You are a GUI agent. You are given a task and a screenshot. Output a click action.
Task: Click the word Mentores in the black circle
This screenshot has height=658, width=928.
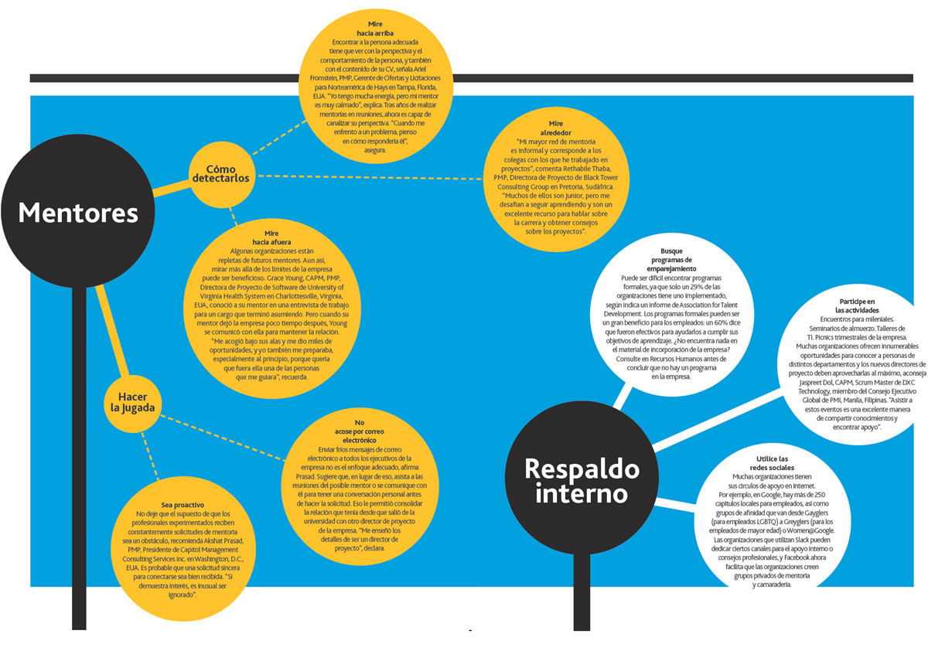pos(78,213)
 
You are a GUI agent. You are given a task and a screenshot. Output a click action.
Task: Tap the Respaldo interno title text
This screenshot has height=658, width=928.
pos(582,481)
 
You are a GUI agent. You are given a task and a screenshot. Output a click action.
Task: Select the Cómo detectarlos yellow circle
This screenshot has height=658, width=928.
pos(222,174)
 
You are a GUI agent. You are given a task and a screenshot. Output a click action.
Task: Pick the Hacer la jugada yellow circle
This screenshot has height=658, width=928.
pos(132,404)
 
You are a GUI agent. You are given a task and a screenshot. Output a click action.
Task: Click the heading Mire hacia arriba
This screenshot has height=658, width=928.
pos(375,29)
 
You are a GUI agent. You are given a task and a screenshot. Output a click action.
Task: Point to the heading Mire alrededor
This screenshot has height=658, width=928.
pos(555,128)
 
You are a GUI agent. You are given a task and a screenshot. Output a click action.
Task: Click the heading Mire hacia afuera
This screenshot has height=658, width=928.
pos(271,237)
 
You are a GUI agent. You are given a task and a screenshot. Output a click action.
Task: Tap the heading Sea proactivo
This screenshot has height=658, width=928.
pos(183,505)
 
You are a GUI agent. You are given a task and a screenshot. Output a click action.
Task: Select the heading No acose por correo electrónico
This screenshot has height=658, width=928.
pos(359,431)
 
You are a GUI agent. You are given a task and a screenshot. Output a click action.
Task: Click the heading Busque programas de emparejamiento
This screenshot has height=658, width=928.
pos(671,260)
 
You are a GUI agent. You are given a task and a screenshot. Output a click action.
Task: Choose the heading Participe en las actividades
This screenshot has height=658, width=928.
pos(857,305)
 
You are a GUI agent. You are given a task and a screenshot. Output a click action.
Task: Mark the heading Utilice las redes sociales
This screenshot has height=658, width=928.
pos(773,463)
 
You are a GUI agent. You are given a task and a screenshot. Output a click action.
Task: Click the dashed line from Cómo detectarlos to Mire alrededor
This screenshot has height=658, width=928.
pos(370,177)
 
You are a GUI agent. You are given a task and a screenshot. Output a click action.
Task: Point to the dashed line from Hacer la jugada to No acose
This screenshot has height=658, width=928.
pos(223,438)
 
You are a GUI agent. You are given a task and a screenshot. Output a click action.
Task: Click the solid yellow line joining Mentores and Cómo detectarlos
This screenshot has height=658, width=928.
pos(172,188)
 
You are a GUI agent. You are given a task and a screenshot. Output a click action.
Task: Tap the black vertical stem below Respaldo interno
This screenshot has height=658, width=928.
pos(582,592)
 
